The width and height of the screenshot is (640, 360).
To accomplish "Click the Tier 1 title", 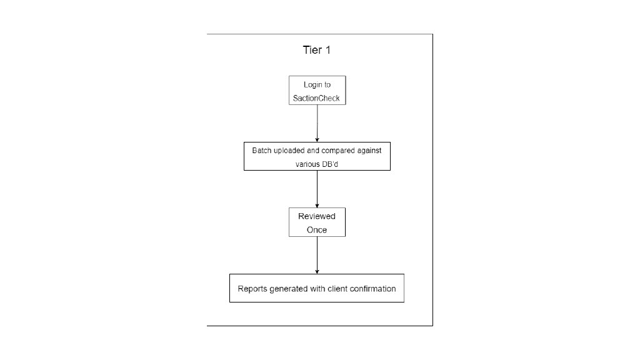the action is click(x=317, y=50).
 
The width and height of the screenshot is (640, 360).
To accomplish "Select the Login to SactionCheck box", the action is click(x=317, y=90).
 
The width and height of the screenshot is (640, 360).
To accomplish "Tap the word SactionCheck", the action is click(x=316, y=98).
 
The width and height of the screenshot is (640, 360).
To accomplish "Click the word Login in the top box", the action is click(x=313, y=85).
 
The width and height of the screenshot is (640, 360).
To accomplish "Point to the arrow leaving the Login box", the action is click(x=317, y=123).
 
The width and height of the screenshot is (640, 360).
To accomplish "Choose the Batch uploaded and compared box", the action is click(x=317, y=156).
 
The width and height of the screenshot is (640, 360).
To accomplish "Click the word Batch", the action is click(x=262, y=151).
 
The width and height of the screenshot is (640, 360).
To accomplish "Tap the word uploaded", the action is click(x=289, y=151).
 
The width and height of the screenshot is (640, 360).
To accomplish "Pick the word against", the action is click(x=369, y=151).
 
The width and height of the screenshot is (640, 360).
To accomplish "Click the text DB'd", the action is click(x=330, y=164).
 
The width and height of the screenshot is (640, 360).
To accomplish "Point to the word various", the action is click(x=307, y=164).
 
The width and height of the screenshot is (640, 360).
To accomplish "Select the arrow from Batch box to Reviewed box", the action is click(x=317, y=189).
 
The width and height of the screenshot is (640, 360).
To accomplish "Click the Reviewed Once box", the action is click(x=317, y=222).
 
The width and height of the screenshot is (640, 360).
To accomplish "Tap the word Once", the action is click(x=317, y=230).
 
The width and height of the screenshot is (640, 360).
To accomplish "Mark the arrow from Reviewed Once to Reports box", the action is click(x=317, y=256).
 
